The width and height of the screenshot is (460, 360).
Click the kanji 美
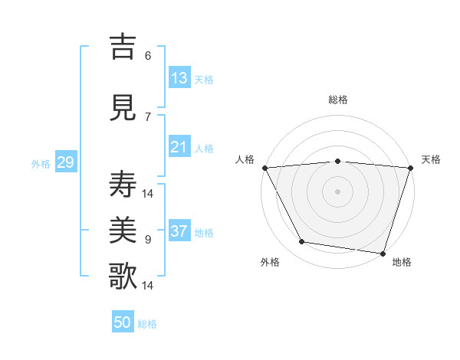[123, 231]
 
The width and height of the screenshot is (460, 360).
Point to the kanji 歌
[123, 276]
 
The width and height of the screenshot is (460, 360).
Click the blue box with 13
[179, 78]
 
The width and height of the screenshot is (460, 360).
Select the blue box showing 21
[179, 147]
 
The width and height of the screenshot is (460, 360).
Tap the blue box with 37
[179, 231]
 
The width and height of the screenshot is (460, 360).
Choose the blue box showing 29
[65, 162]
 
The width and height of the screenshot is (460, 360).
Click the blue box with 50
[123, 322]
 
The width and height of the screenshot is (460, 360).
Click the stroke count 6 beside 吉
[148, 55]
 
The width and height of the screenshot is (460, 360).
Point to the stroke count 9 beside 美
[148, 240]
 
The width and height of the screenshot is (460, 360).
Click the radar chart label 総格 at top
[338, 100]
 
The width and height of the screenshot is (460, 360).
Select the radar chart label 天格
[431, 159]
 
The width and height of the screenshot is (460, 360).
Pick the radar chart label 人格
[245, 159]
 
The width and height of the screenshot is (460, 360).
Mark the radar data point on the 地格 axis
[383, 253]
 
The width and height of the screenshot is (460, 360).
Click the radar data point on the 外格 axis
[302, 242]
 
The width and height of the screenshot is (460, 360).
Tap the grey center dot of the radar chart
[338, 191]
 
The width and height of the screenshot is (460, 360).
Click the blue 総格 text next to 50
[147, 323]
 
